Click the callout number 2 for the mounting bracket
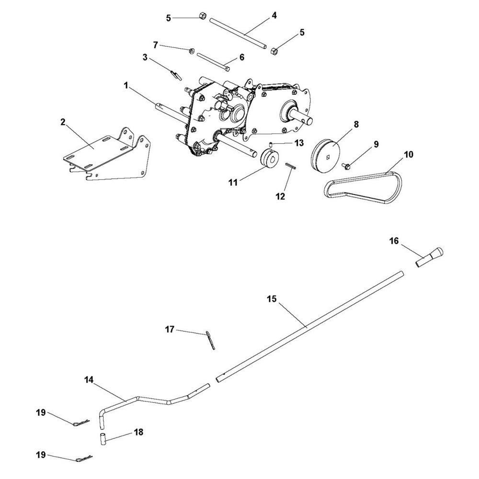pos(63,122)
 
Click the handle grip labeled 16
pos(430,257)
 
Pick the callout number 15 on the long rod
pos(272,298)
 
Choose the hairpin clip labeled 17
pos(211,340)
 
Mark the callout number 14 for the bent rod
pos(90,380)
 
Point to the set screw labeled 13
pos(270,144)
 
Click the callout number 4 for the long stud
pos(274,15)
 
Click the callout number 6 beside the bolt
pos(242,57)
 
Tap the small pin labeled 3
pos(175,74)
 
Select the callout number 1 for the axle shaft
pos(126,86)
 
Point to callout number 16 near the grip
pos(394,241)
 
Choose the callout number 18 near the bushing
pos(139,432)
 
